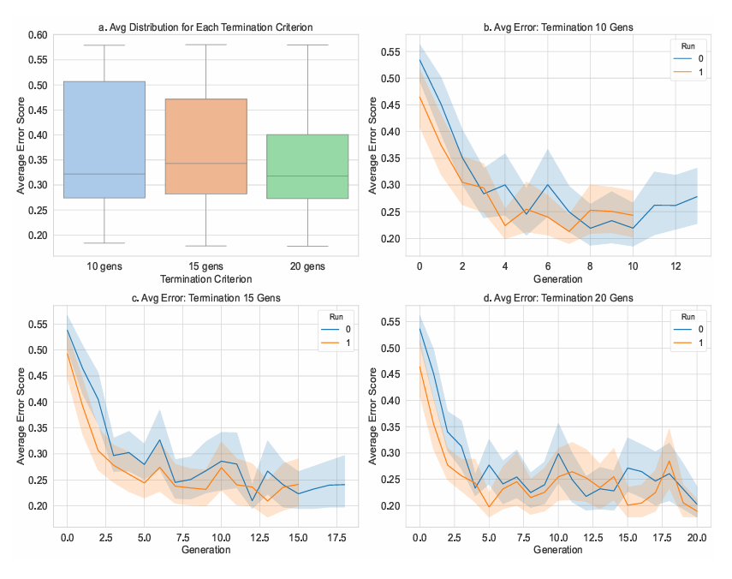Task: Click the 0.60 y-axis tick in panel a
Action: click(37, 35)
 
